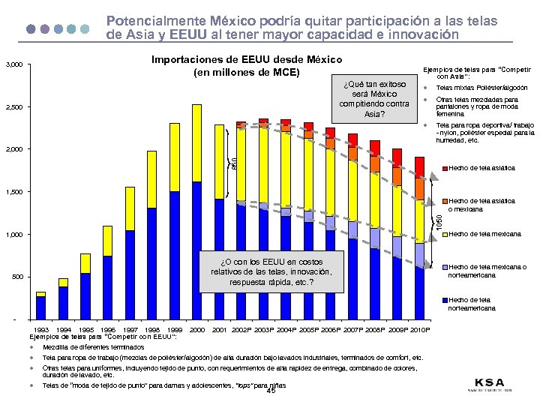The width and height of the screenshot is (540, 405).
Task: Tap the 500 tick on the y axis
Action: click(x=17, y=277)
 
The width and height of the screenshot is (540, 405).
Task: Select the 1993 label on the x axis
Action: click(x=43, y=329)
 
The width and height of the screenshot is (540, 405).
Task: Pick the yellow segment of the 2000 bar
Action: click(x=196, y=142)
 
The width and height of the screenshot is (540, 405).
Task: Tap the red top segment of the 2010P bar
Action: click(x=419, y=165)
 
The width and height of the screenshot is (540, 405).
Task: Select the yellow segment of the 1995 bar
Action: click(x=85, y=263)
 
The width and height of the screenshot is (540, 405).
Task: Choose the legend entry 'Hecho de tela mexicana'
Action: click(x=484, y=235)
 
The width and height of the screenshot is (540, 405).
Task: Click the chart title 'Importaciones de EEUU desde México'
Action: click(x=247, y=60)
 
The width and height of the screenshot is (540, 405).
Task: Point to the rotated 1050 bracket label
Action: click(x=439, y=222)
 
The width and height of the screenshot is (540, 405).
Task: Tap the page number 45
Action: click(x=271, y=390)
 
